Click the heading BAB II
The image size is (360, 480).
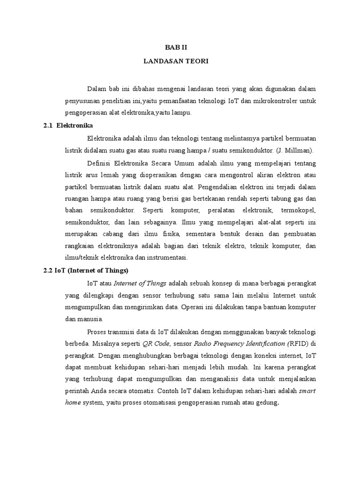(176, 47)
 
